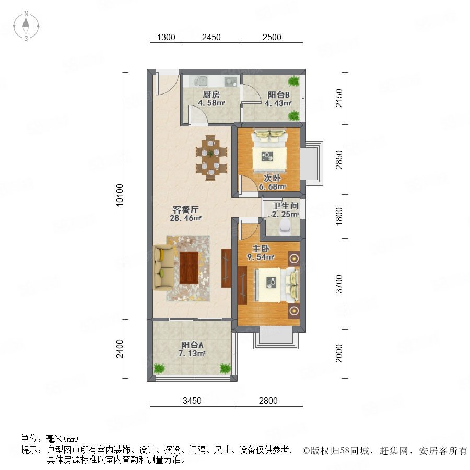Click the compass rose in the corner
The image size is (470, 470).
pos(26,26)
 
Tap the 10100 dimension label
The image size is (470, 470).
pos(120,195)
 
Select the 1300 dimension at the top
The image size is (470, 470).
pos(166,37)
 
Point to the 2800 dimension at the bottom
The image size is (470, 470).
pos(268,401)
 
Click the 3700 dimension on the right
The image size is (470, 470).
pos(339,284)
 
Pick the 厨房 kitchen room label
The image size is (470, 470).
pos(211,95)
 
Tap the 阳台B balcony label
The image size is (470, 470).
pos(278,95)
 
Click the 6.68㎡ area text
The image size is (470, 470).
pos(272,187)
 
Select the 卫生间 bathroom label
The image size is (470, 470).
pos(285,206)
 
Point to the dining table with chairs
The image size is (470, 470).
pos(211,158)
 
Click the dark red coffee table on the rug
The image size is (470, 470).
pos(189,268)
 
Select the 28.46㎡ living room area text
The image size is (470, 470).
pos(185,218)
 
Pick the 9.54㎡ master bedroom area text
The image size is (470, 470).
pos(261,257)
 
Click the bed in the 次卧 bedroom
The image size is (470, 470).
pos(269,151)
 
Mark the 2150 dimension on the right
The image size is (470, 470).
pos(339,98)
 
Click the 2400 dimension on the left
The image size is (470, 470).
pos(120,349)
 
